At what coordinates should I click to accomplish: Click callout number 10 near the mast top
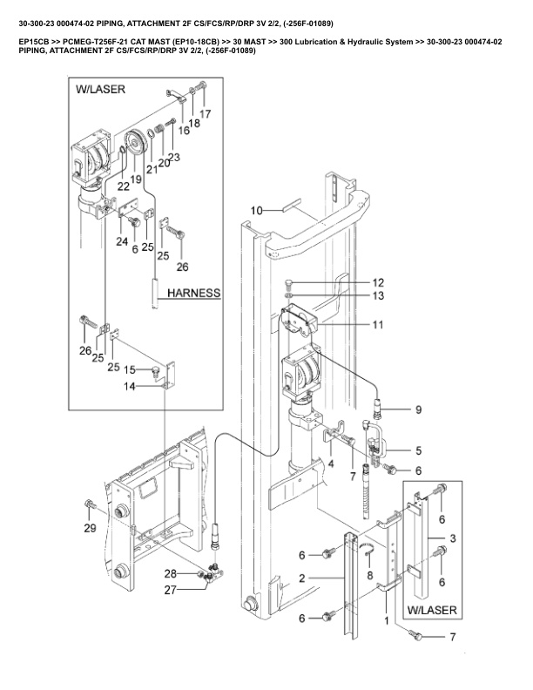(x=256, y=211)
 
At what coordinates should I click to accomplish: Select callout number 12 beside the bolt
(x=378, y=282)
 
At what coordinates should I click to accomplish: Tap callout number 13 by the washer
(x=378, y=295)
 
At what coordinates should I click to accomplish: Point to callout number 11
(x=378, y=325)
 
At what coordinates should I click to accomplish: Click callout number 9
(x=418, y=409)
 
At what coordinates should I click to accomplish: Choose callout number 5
(x=418, y=450)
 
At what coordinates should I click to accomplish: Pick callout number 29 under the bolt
(x=91, y=528)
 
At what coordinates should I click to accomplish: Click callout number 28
(x=171, y=573)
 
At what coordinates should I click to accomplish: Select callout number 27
(x=170, y=590)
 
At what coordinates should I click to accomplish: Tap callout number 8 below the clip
(x=370, y=575)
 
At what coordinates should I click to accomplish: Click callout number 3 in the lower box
(x=453, y=538)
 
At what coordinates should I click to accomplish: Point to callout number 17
(x=206, y=114)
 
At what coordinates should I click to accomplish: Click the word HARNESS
(x=194, y=293)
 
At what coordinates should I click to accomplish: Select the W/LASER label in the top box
(x=101, y=90)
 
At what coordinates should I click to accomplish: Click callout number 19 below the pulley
(x=136, y=179)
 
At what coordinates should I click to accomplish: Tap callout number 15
(x=130, y=369)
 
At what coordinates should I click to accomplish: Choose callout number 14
(x=130, y=387)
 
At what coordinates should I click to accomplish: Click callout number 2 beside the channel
(x=301, y=578)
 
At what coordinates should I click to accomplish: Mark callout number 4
(x=331, y=463)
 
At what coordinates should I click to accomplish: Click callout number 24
(x=122, y=241)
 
